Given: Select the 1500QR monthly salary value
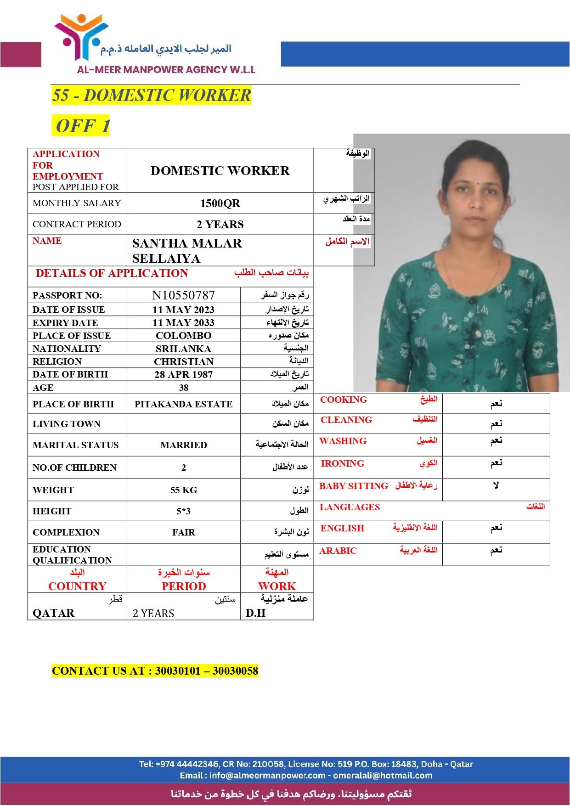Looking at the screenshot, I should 220,203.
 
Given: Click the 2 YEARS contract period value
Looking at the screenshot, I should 220,225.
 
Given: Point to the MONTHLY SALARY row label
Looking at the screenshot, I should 77,203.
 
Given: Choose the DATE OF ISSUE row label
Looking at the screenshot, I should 69,310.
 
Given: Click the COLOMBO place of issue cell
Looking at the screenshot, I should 183,336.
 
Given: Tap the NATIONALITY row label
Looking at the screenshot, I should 67,349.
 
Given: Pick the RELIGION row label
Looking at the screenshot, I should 57,361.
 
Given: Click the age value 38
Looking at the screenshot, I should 184,388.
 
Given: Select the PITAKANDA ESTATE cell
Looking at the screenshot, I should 183,404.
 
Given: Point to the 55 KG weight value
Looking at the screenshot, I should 184,490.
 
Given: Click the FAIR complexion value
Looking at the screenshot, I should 184,532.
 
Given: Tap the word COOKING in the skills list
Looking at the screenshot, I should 344,400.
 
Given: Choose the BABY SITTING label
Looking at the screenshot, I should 354,486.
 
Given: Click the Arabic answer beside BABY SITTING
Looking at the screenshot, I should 496,485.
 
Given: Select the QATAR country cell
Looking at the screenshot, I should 53,613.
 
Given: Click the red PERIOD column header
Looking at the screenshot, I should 184,586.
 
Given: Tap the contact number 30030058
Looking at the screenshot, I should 235,671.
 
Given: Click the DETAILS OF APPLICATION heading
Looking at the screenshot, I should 112,273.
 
